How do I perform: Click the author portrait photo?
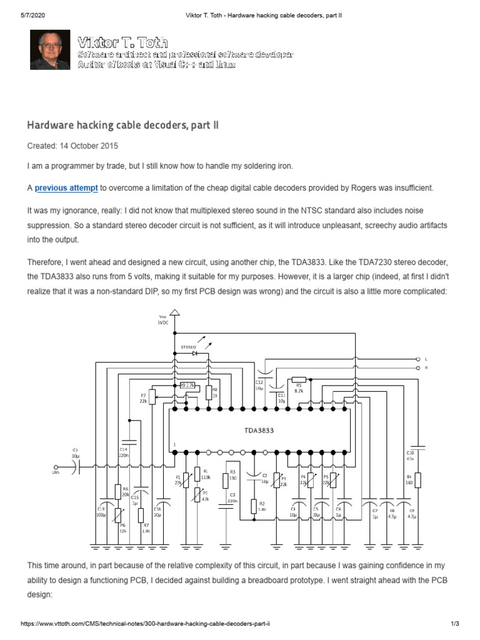(50, 50)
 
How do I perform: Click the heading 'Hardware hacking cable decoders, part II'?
(122, 125)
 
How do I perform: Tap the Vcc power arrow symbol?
(176, 312)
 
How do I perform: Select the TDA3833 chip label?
(259, 431)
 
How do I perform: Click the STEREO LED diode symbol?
(196, 353)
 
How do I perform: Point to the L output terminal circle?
(418, 359)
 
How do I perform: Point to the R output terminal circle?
(418, 368)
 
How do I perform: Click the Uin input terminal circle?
(56, 467)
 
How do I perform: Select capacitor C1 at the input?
(79, 467)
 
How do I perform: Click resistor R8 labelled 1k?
(207, 392)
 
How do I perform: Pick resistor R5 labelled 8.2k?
(299, 379)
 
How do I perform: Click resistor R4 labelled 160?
(417, 480)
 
